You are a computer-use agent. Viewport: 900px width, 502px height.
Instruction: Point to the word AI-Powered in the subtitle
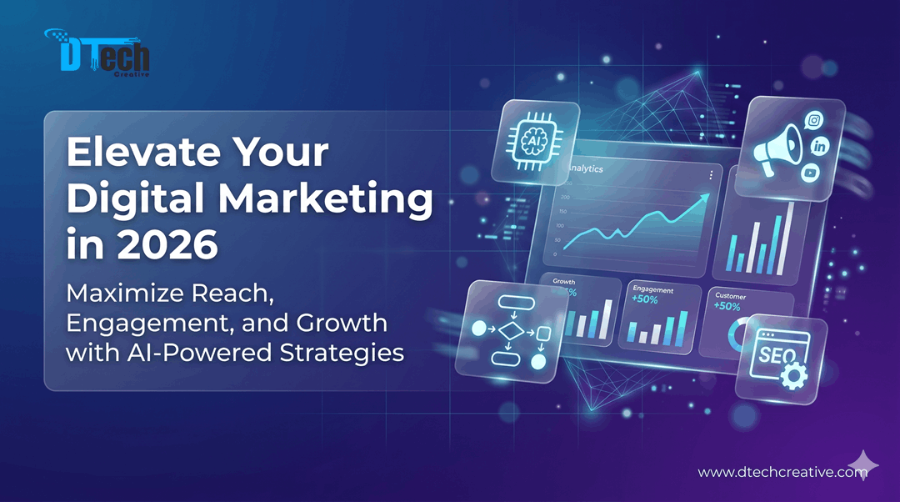(186, 351)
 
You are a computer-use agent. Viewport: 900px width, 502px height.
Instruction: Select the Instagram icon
(813, 121)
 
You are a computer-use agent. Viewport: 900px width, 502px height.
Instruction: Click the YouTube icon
(810, 173)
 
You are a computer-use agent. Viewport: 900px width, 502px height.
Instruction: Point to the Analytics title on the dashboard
(587, 168)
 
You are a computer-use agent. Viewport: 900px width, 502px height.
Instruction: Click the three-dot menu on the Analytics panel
(710, 175)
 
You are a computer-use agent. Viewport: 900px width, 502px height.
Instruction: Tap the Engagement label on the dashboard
(652, 289)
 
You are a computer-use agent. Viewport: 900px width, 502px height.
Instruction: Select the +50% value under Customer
(727, 306)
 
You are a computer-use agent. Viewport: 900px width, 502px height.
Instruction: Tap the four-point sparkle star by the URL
(862, 464)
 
